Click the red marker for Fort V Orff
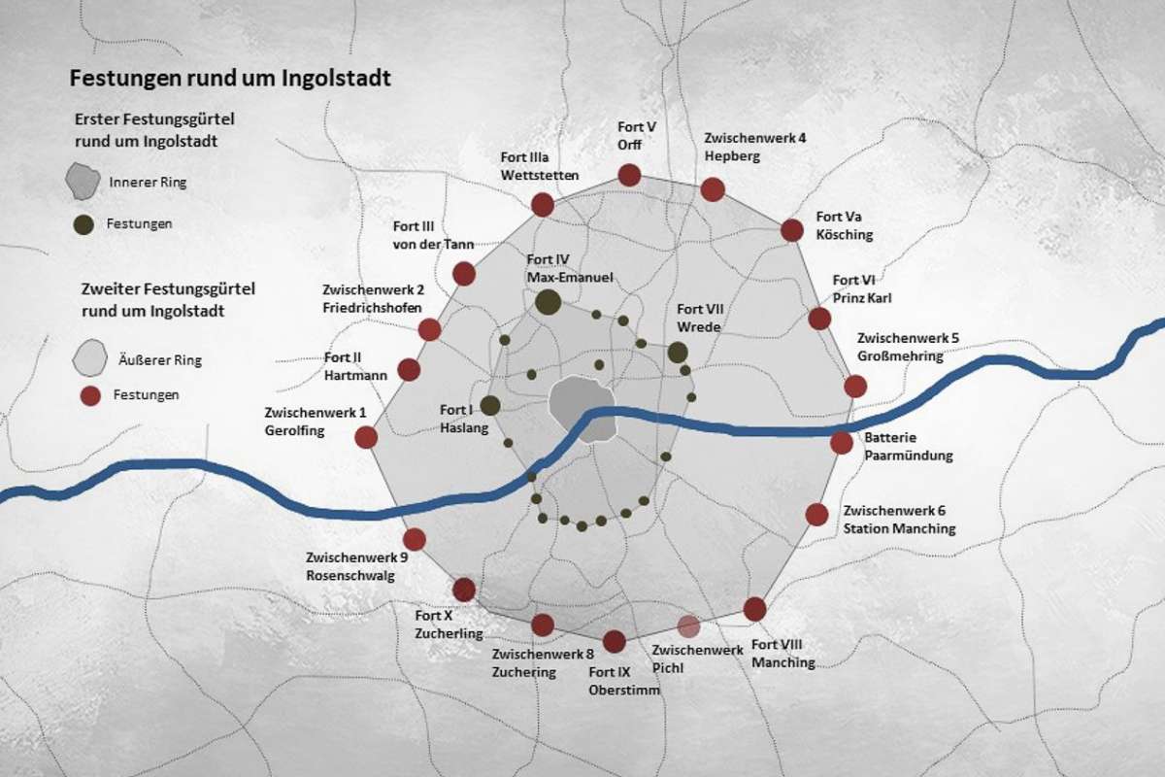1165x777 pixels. coord(629,175)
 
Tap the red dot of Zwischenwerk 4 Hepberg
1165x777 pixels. coord(713,189)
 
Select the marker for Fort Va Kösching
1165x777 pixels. coord(792,230)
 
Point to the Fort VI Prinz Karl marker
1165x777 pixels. coord(819,319)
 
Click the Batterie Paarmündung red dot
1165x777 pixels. coord(842,443)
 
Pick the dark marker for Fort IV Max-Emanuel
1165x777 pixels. coord(548,302)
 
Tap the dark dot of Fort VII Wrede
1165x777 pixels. coord(678,353)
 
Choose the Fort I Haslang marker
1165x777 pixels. coord(490,406)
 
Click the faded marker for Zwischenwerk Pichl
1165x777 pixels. coord(688,626)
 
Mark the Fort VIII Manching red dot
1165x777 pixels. coord(754,609)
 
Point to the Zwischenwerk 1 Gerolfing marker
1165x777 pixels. coord(366,437)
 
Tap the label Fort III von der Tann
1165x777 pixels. coord(433,235)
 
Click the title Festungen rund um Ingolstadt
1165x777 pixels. coord(228,79)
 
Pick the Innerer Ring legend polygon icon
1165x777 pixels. coord(83,182)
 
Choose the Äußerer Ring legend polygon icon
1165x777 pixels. coord(89,358)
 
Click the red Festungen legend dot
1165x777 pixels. coord(89,395)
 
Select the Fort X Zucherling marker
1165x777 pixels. coord(464,590)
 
